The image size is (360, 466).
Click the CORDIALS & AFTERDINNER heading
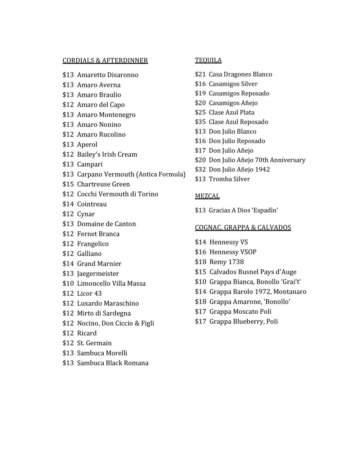click(x=105, y=61)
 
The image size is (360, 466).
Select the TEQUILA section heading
click(x=208, y=60)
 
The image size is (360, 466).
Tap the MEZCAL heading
click(x=207, y=196)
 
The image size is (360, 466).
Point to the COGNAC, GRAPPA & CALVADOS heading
click(x=243, y=228)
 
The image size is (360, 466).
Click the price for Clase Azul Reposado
click(x=200, y=122)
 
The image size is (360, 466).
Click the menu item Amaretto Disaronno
click(x=108, y=75)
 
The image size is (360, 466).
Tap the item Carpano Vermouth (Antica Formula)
click(x=131, y=174)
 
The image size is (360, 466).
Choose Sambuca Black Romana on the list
click(x=113, y=363)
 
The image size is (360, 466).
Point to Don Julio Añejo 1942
click(x=239, y=169)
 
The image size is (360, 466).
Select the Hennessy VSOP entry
click(x=233, y=252)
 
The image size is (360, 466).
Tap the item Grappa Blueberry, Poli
click(x=243, y=322)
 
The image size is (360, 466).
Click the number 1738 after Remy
click(x=236, y=262)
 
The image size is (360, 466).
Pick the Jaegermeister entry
click(x=98, y=274)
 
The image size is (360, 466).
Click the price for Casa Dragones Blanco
click(x=200, y=74)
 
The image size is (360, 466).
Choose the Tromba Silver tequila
click(x=229, y=179)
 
